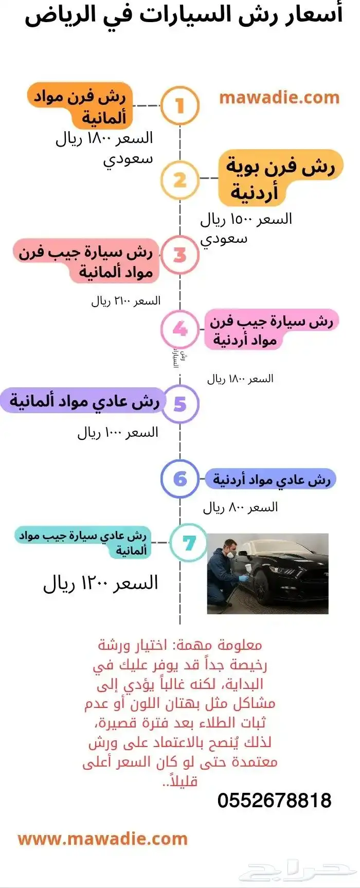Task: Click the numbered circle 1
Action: (179, 106)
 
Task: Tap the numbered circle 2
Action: (179, 180)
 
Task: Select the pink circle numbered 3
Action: (179, 255)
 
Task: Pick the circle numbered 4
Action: (179, 329)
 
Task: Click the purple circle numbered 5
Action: (179, 404)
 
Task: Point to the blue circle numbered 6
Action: (179, 479)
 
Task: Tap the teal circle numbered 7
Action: (189, 543)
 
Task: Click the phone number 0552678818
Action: (274, 801)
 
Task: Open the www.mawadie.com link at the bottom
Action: (103, 839)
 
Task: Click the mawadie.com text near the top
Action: (279, 98)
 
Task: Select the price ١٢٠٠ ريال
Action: (100, 583)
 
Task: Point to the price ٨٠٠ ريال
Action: (240, 508)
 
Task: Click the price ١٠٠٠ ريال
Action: (118, 433)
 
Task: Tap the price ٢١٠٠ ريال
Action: (126, 301)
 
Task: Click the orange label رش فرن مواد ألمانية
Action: (81, 106)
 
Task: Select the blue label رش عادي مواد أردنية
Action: (271, 479)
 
